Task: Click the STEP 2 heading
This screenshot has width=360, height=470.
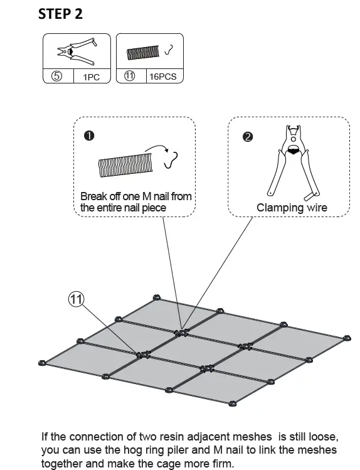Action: [60, 14]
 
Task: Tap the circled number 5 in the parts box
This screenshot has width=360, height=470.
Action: [57, 76]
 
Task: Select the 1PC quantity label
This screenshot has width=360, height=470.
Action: [92, 77]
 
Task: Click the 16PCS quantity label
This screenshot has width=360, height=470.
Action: [163, 77]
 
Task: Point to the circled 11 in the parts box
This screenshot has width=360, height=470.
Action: [129, 76]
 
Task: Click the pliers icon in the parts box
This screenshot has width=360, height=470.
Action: [77, 51]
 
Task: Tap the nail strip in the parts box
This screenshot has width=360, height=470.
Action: [143, 53]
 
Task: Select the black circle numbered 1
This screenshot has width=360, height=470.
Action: [89, 136]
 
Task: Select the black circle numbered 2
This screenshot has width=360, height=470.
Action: [248, 137]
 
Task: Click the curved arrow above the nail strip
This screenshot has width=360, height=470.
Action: [157, 147]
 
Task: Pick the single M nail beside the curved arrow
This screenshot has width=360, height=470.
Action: [171, 161]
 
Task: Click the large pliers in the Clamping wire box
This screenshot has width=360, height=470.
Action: [293, 163]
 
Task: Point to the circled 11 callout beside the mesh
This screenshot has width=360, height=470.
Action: [77, 299]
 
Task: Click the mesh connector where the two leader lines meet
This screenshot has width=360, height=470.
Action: [182, 333]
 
